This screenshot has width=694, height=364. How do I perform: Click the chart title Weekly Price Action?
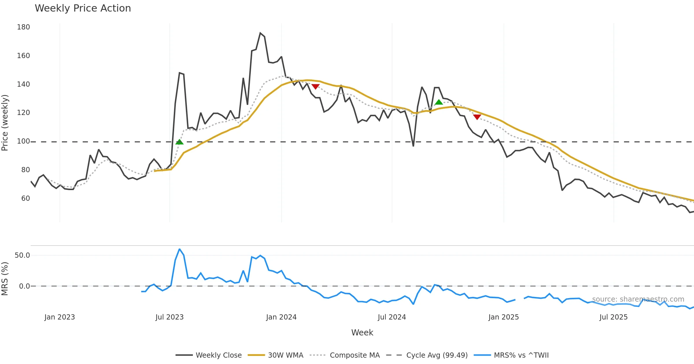pyautogui.click(x=83, y=8)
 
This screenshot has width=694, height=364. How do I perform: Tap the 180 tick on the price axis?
pyautogui.click(x=23, y=27)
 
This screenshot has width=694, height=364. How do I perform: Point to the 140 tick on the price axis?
pyautogui.click(x=23, y=84)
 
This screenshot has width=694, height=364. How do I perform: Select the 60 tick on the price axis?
pyautogui.click(x=25, y=198)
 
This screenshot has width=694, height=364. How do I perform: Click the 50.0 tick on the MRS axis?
pyautogui.click(x=22, y=255)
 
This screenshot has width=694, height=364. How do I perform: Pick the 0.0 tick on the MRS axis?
pyautogui.click(x=24, y=286)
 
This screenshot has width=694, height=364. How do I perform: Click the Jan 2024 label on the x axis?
pyautogui.click(x=281, y=317)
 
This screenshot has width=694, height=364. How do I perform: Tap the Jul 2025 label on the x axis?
pyautogui.click(x=613, y=317)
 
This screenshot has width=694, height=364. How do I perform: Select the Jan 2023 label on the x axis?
pyautogui.click(x=60, y=317)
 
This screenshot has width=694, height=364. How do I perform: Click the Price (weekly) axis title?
pyautogui.click(x=5, y=123)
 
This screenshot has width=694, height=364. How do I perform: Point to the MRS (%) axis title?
pyautogui.click(x=5, y=279)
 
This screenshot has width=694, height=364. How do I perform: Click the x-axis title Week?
pyautogui.click(x=362, y=333)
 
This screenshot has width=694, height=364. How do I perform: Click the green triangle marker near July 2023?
pyautogui.click(x=179, y=142)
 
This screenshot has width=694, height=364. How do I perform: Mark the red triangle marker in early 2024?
pyautogui.click(x=315, y=86)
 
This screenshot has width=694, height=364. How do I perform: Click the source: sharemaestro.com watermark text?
pyautogui.click(x=638, y=299)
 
